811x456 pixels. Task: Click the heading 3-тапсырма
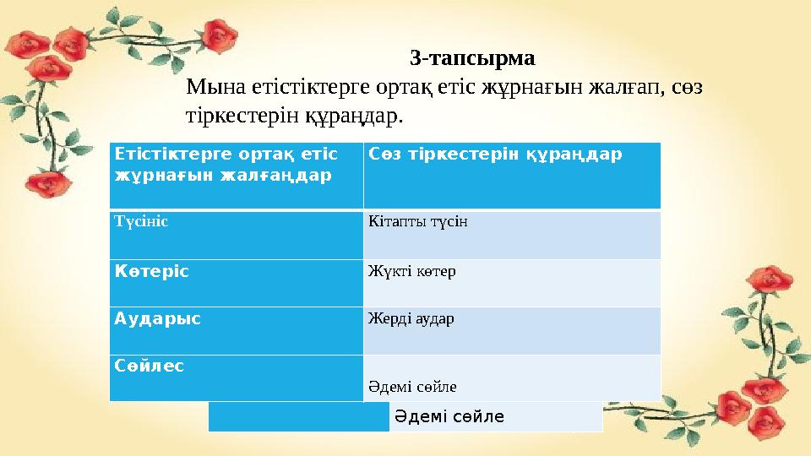click(x=472, y=58)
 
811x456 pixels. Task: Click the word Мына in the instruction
click(x=213, y=86)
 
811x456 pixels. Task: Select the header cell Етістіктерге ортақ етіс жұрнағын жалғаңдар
click(x=237, y=175)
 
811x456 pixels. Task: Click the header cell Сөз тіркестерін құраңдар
click(x=512, y=175)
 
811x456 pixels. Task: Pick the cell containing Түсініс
click(x=237, y=234)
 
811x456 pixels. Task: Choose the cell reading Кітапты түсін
click(x=512, y=234)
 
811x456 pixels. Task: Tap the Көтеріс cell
click(x=237, y=282)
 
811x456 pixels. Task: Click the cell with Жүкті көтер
click(x=512, y=282)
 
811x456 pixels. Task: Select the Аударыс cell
click(x=237, y=329)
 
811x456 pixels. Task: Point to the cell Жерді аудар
click(x=512, y=329)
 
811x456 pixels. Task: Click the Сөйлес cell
click(x=237, y=377)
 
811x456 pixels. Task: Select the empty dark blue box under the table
click(x=298, y=417)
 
